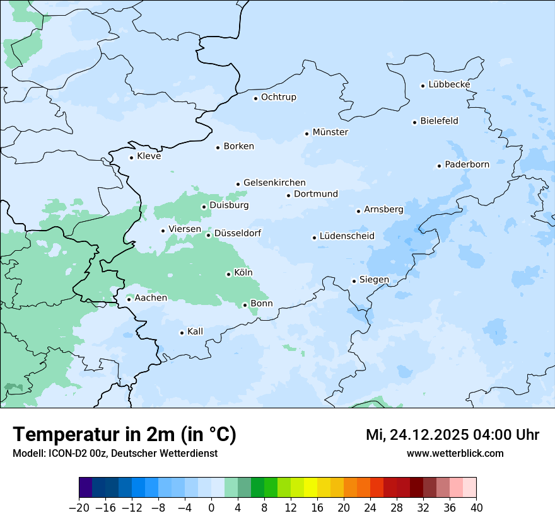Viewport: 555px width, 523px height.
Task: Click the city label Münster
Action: (x=330, y=132)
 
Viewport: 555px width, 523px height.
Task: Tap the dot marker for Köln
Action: (x=228, y=274)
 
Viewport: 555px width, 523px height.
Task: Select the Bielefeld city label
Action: (x=440, y=121)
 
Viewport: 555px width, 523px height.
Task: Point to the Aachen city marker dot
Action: (x=129, y=299)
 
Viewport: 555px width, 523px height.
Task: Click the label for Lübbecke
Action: (x=449, y=84)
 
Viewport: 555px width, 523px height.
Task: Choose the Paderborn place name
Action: (x=467, y=164)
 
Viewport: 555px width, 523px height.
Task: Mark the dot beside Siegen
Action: (x=354, y=281)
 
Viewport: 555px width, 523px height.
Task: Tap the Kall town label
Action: (x=196, y=331)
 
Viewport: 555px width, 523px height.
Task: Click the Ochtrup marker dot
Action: (x=256, y=98)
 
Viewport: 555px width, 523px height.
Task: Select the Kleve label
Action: (x=149, y=156)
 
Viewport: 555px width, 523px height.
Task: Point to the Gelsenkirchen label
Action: (x=274, y=183)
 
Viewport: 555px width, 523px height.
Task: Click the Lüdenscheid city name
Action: (x=347, y=236)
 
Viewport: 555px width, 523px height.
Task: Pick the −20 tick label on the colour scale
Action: (x=79, y=508)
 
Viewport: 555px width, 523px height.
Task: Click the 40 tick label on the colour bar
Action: (x=476, y=508)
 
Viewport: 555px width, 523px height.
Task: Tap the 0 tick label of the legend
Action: (x=211, y=508)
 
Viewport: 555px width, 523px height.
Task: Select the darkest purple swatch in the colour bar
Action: (x=86, y=488)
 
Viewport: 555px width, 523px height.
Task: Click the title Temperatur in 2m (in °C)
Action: (x=125, y=434)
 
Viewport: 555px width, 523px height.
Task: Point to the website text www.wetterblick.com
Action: (x=455, y=453)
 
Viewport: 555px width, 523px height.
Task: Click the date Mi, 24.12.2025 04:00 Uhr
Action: (x=452, y=435)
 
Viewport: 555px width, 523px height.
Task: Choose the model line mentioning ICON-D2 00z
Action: (x=115, y=453)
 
